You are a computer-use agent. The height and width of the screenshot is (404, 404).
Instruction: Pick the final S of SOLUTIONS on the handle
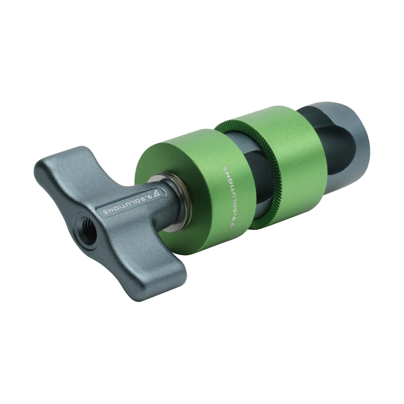click(104, 212)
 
